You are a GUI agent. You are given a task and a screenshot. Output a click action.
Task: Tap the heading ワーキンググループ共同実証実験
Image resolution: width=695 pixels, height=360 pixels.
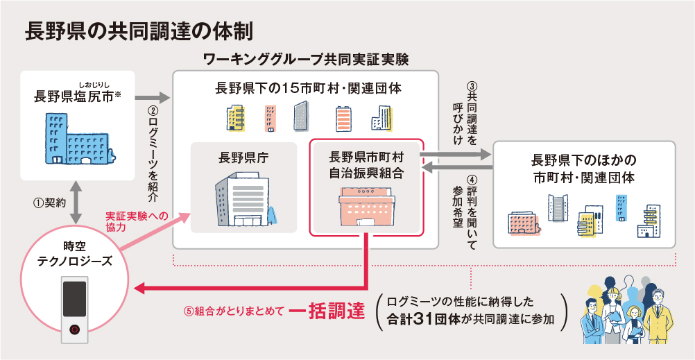point(305,60)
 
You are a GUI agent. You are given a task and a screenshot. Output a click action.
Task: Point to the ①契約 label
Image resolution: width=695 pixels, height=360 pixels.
point(49,204)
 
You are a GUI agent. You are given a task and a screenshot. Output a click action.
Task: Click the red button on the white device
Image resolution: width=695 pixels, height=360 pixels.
point(75,329)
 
